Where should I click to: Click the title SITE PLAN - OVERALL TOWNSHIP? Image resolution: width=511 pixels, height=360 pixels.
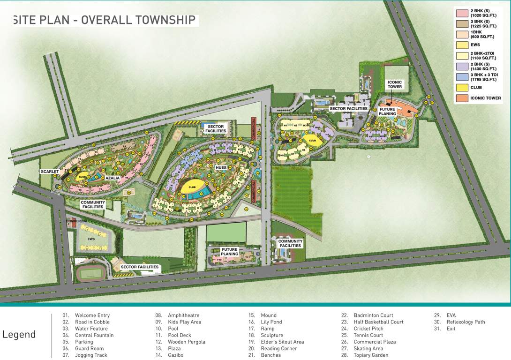[104, 20]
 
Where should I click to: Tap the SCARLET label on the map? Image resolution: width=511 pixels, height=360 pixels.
[50, 172]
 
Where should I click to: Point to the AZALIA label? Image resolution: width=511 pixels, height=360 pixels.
[113, 178]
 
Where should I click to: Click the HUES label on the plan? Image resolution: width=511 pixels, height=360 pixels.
[221, 167]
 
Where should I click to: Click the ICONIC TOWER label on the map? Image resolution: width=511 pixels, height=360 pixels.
[395, 84]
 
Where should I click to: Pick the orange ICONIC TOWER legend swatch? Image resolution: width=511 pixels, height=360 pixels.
[462, 98]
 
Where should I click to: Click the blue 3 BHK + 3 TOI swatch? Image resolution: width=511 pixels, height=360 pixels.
[462, 76]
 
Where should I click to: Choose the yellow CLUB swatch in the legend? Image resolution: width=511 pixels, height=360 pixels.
[462, 88]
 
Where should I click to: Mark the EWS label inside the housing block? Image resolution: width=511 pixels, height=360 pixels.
[91, 239]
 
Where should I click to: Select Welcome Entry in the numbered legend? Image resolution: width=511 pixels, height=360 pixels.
[92, 315]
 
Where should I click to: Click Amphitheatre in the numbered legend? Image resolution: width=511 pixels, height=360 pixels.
[183, 315]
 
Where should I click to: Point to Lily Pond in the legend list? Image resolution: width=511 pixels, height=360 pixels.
[271, 322]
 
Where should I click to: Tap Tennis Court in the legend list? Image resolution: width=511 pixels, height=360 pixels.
[368, 335]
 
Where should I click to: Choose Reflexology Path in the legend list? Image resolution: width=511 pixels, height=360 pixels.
[466, 322]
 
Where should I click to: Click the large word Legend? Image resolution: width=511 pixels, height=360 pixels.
[19, 334]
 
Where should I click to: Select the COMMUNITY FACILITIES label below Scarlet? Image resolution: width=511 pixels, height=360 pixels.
[93, 204]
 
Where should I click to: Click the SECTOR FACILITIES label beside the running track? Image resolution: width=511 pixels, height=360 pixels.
[140, 267]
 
